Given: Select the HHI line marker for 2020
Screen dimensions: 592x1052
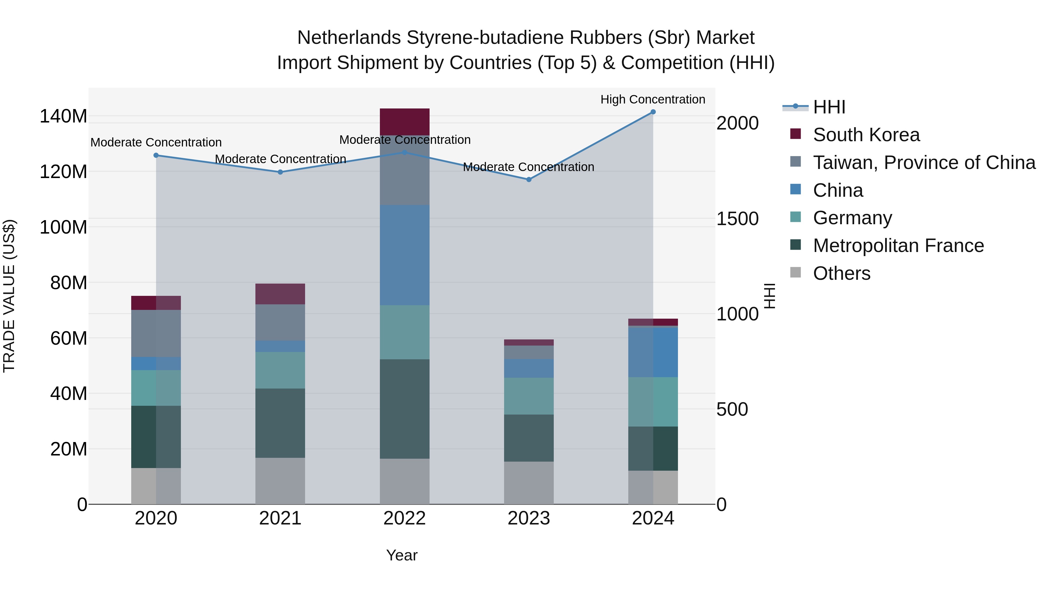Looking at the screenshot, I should pos(156,155).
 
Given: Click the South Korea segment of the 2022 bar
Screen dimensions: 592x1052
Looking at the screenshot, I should pos(404,122).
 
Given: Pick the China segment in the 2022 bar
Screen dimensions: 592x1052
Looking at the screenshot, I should pos(404,255).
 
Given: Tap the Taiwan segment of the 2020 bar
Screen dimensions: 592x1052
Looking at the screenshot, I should pos(156,333).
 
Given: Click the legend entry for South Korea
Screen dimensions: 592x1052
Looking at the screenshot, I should pos(866,135).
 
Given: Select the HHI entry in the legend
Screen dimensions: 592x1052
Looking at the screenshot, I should pos(829,107).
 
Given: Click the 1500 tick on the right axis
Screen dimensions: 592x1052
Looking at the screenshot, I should pos(737,219).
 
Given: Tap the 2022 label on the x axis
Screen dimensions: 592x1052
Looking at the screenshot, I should pos(404,518).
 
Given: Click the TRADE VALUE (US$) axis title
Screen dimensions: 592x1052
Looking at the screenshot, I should pos(9,296).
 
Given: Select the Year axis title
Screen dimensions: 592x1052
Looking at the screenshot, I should pos(402,555).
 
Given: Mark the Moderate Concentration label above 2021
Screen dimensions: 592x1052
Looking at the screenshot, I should pos(280,159).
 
